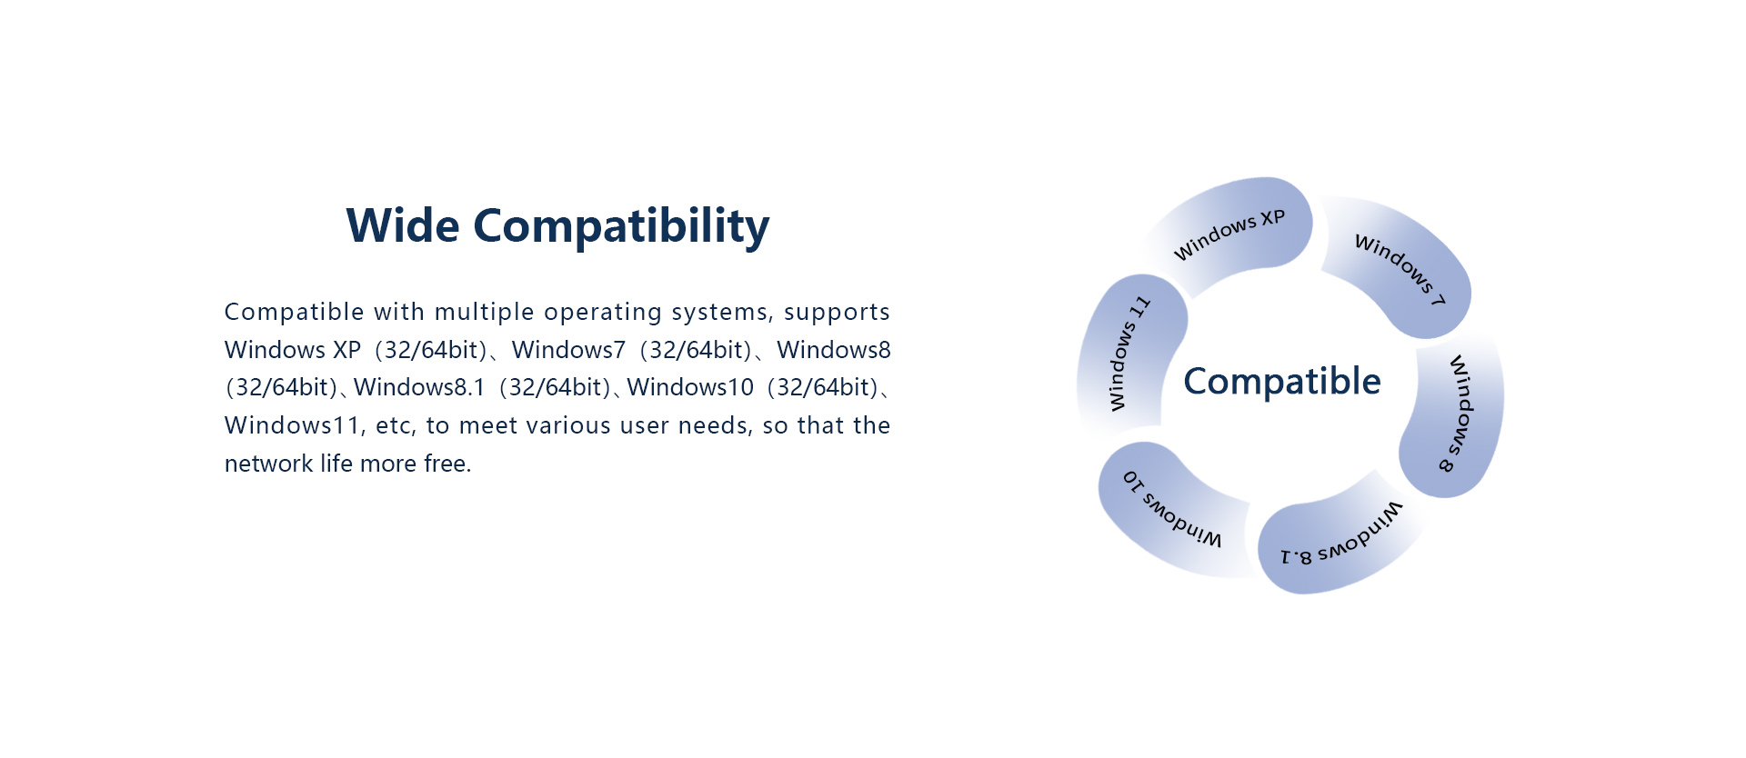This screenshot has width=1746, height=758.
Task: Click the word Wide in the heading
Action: (x=403, y=225)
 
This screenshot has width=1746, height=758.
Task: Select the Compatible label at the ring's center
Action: (x=1282, y=382)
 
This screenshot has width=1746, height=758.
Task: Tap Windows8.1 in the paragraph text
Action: (x=419, y=387)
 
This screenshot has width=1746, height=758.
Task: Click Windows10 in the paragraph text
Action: (x=690, y=387)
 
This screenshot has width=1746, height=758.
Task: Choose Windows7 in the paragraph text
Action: (x=568, y=350)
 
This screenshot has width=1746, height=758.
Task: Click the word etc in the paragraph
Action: (x=393, y=426)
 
